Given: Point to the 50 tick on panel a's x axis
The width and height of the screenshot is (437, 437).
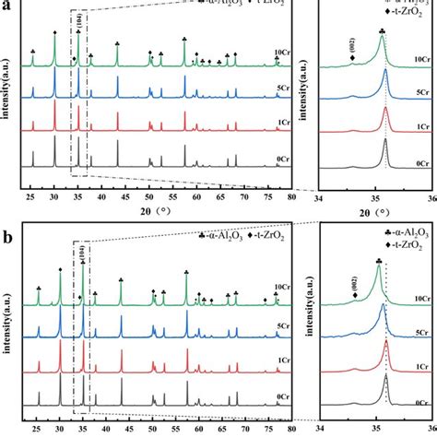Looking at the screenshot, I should [149, 196].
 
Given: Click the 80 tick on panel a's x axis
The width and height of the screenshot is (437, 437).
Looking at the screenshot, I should [291, 196].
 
